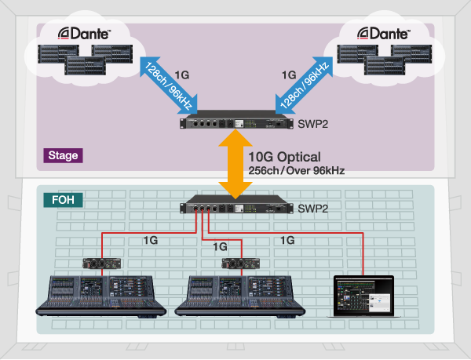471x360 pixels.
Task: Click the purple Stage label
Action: click(63, 155)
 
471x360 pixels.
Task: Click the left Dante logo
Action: click(86, 33)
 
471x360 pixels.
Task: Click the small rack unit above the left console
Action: click(99, 263)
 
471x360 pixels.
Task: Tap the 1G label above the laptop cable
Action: click(287, 240)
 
